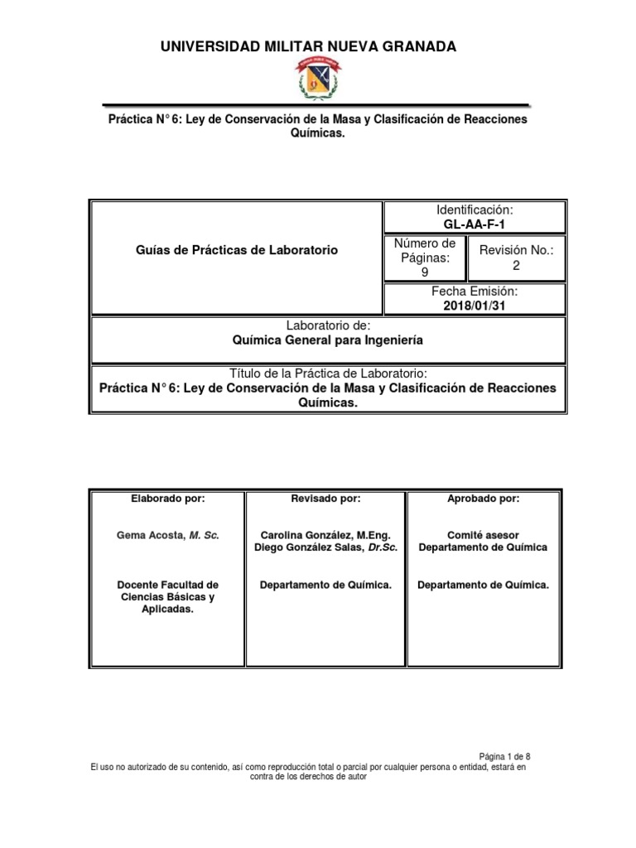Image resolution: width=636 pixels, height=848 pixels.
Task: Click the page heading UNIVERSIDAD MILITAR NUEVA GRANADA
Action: (x=308, y=47)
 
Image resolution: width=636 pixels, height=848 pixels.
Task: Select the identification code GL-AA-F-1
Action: (x=474, y=224)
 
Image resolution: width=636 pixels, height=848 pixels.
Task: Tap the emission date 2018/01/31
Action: (x=474, y=306)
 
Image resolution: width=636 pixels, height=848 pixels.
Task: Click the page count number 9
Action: (x=425, y=272)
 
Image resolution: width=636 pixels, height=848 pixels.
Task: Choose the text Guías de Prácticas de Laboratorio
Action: (x=235, y=250)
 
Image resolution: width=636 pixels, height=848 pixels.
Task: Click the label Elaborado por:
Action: (x=167, y=499)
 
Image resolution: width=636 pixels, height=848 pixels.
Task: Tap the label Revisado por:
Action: (x=325, y=499)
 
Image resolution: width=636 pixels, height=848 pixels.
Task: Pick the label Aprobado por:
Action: (x=484, y=499)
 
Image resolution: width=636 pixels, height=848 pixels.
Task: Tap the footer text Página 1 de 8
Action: (x=505, y=757)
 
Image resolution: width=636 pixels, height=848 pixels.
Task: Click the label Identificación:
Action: (x=474, y=210)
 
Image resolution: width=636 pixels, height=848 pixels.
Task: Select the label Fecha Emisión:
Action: (x=474, y=292)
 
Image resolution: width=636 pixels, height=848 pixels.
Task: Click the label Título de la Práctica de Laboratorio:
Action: (x=328, y=373)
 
